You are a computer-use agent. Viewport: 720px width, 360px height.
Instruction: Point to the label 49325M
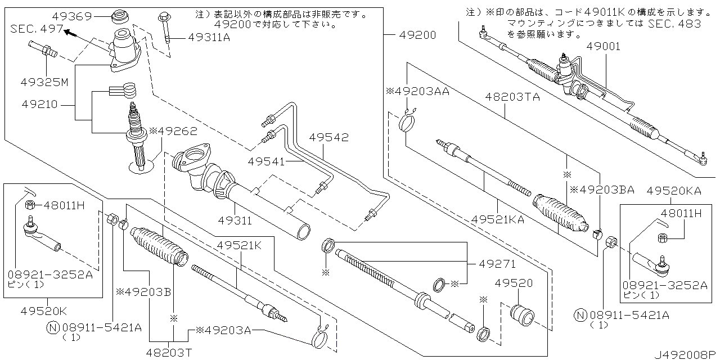point(46,82)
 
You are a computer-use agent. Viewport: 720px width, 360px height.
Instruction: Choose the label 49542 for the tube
point(328,137)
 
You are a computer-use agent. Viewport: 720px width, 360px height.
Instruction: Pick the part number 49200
point(417,35)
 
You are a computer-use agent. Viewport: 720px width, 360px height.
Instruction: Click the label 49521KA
point(498,219)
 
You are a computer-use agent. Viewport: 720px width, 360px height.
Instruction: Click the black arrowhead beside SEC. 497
point(70,33)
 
